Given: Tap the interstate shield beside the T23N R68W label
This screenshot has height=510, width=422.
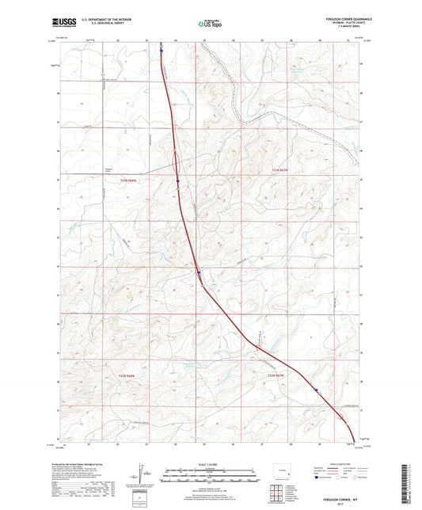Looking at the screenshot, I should (x=179, y=180).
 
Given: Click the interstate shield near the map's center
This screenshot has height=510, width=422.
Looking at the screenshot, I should (x=199, y=273).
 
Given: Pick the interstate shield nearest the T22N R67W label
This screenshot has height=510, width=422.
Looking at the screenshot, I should (x=316, y=389).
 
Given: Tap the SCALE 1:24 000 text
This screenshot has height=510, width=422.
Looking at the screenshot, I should (x=210, y=465).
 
